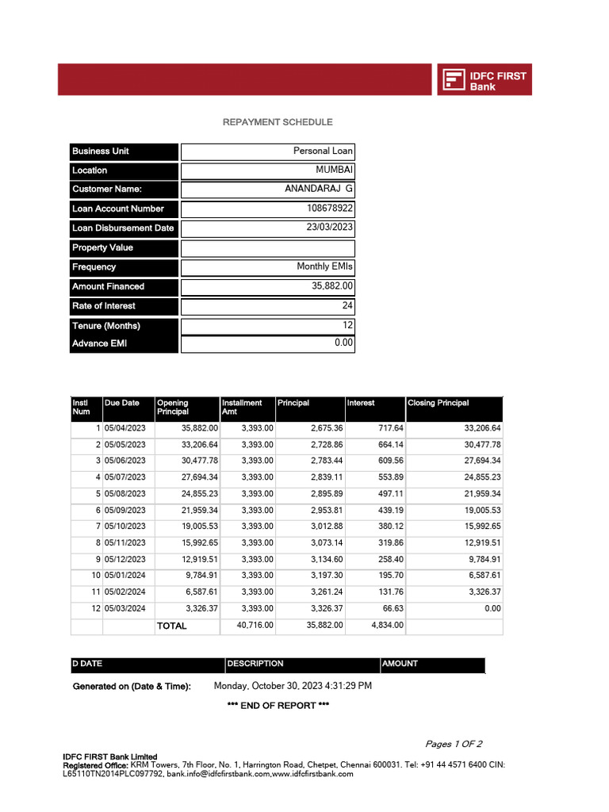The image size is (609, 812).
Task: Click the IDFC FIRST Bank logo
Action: pos(484,80)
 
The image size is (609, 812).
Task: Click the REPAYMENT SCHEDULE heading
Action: pos(278,122)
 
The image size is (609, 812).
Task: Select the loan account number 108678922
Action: pos(330,209)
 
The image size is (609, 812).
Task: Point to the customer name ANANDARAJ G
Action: pos(319,190)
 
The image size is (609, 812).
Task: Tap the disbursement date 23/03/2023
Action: pos(330,228)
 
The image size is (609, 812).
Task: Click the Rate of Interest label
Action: pos(104,306)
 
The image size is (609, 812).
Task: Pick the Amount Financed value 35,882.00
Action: pos(333,286)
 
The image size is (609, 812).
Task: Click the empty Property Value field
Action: pos(267,247)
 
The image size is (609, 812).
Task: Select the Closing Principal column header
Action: pos(439,403)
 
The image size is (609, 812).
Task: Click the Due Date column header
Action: pos(122,403)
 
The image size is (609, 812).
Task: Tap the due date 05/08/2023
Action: pos(125,493)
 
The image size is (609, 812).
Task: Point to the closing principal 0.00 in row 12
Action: pos(492,609)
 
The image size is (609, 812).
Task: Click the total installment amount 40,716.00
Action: pos(255,626)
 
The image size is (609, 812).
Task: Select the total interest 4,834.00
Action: pos(387,626)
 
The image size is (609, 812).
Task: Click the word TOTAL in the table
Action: pos(172,626)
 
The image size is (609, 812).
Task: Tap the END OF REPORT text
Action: pos(278,706)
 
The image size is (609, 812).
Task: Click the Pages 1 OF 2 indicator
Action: pos(454,744)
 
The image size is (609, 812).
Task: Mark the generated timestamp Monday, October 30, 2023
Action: pos(293,686)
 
